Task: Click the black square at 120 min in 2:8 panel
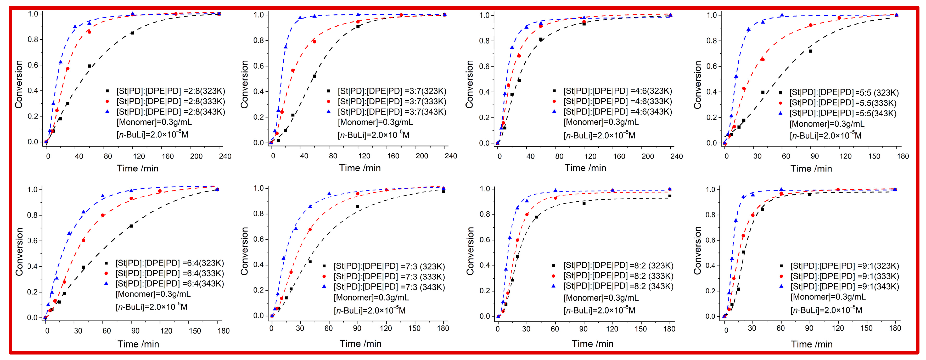pyautogui.click(x=132, y=33)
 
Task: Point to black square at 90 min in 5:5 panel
pyautogui.click(x=811, y=51)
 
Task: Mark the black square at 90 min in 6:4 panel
pyautogui.click(x=131, y=226)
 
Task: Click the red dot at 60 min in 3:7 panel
pyautogui.click(x=315, y=42)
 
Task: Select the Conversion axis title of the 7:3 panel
pyautogui.click(x=244, y=251)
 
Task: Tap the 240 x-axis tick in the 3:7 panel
pyautogui.click(x=450, y=156)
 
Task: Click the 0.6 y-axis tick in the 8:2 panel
pyautogui.click(x=485, y=240)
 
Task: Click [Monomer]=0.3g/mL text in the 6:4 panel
pyautogui.click(x=153, y=294)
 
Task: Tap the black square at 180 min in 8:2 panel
pyautogui.click(x=670, y=196)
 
